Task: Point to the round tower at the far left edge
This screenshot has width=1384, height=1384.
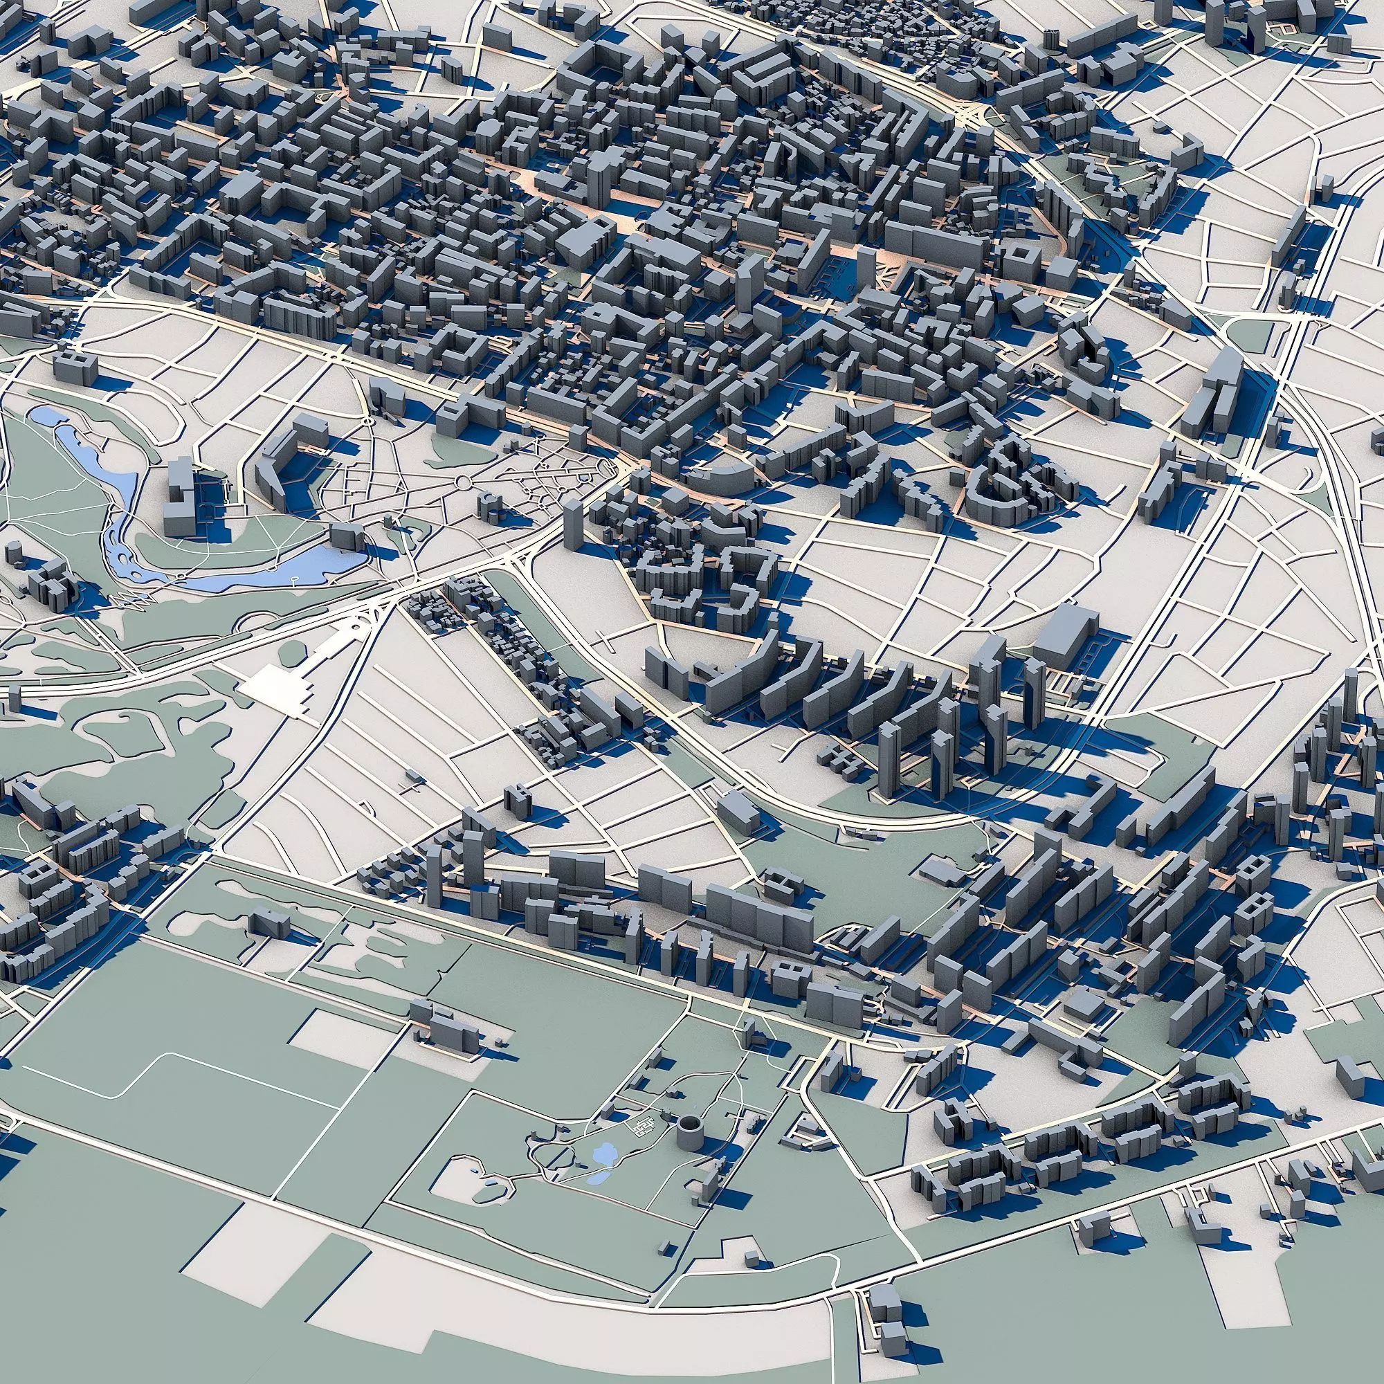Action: click(12, 555)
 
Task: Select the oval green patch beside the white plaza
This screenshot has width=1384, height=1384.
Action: click(292, 652)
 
